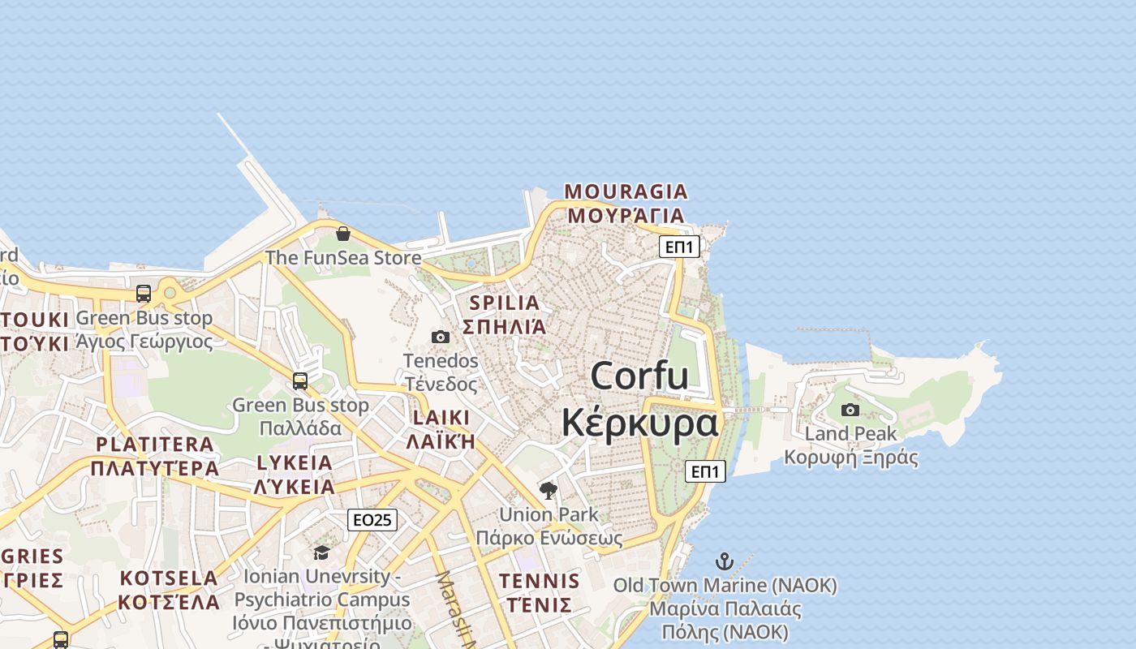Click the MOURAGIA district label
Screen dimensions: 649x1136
[626, 192]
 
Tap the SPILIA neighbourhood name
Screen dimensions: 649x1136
[504, 303]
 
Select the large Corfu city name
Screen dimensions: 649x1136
[639, 376]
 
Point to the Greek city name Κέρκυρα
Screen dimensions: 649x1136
[640, 423]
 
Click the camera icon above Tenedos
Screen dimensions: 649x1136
[441, 337]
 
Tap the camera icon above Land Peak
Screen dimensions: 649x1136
[850, 410]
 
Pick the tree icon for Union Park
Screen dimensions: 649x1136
[549, 490]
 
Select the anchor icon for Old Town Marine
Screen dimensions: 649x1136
[724, 561]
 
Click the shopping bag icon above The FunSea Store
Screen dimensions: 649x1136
[343, 234]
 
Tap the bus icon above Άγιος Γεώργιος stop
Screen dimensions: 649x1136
[144, 294]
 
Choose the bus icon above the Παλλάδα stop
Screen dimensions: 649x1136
[300, 380]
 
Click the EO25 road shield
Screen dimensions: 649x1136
[372, 520]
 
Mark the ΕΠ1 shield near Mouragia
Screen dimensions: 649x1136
[679, 247]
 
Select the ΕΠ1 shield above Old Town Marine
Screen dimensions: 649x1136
[705, 471]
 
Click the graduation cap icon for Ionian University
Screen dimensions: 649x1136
[321, 552]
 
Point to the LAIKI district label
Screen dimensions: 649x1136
[441, 418]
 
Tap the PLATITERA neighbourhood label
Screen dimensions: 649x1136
[155, 445]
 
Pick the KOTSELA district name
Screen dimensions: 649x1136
[169, 578]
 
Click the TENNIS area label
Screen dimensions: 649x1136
[540, 581]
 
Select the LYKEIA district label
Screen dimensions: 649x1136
[295, 463]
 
